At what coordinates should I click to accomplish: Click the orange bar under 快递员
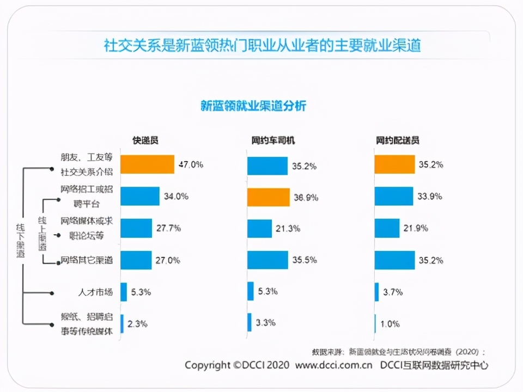[x=147, y=164]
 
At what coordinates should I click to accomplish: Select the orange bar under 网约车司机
[x=268, y=197]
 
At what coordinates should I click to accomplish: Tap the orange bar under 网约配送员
[x=394, y=164]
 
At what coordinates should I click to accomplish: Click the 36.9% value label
[x=306, y=197]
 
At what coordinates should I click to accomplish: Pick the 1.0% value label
[x=390, y=324]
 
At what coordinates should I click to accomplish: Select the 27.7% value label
[x=168, y=228]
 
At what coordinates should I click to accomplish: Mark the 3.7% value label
[x=392, y=292]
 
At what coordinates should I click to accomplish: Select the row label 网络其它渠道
[x=87, y=260]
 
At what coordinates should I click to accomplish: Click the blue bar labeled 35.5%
[x=267, y=260]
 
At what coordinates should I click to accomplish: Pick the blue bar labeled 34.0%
[x=140, y=197]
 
